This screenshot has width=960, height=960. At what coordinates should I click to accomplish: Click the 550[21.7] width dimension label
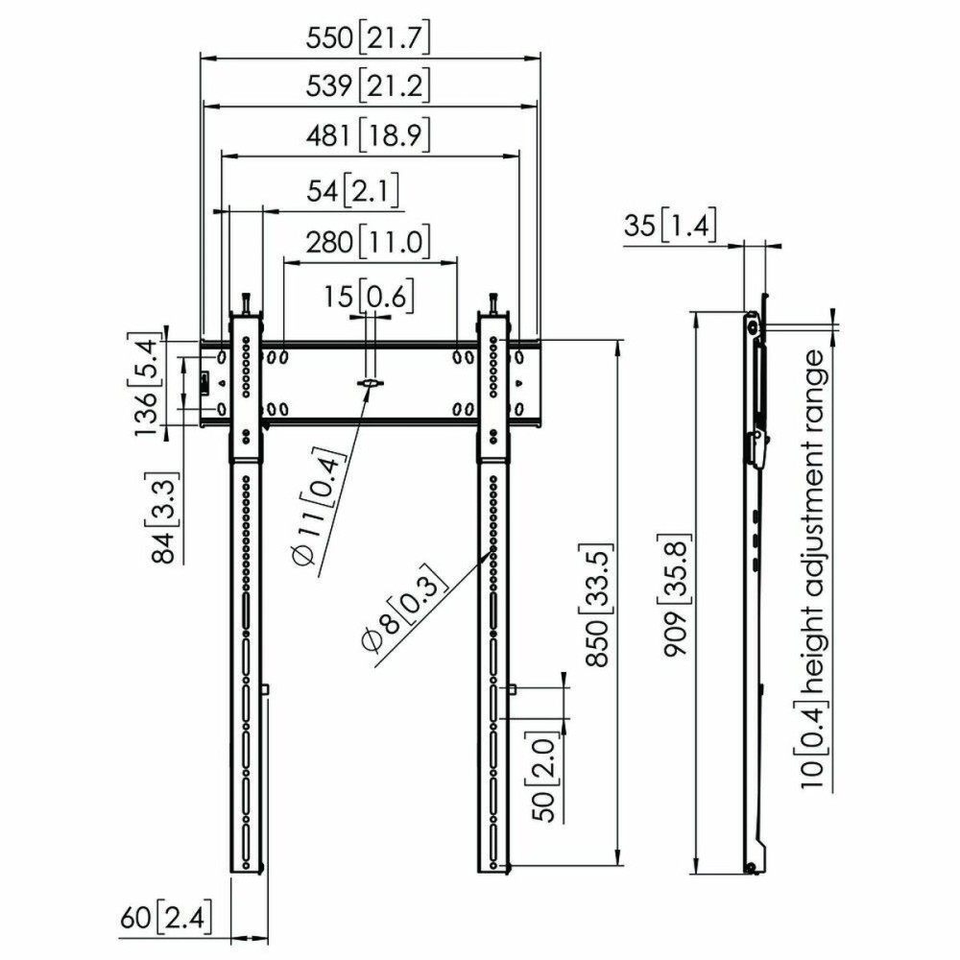368,38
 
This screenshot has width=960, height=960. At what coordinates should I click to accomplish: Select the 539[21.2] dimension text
368,87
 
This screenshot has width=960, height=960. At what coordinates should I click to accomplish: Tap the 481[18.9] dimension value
368,136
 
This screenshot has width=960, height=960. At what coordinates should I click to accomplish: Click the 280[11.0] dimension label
368,241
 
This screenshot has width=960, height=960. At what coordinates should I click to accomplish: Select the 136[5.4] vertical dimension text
146,384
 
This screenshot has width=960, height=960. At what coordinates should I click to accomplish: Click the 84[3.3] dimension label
163,516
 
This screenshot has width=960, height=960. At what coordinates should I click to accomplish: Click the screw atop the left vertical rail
247,302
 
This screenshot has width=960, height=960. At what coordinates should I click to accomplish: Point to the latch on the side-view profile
757,448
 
